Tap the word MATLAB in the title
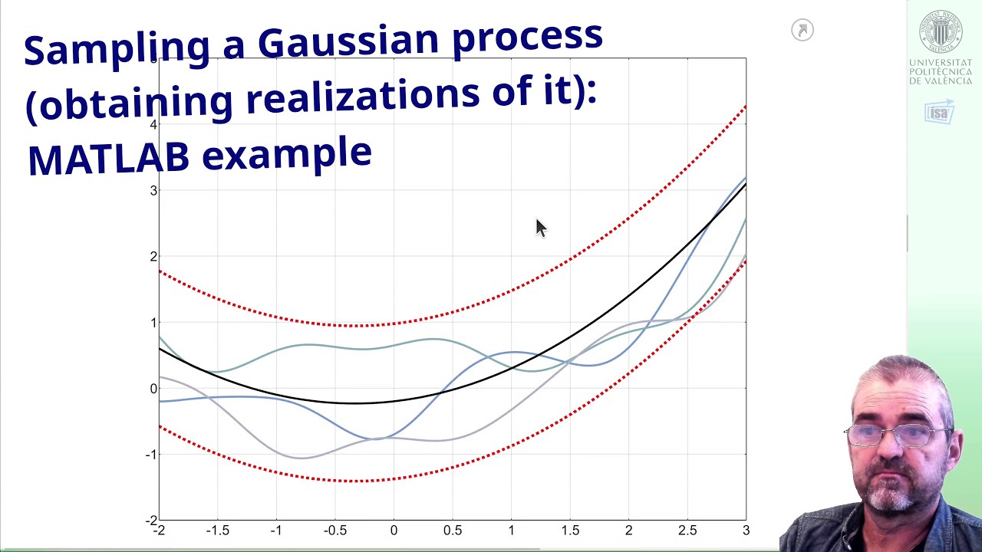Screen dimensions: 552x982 pos(107,158)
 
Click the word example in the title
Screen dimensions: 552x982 pos(286,154)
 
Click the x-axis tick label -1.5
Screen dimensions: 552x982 pos(217,531)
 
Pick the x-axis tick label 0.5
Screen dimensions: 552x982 pos(452,531)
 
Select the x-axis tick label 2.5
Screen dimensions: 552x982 pos(687,531)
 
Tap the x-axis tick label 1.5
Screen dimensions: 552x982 pos(569,531)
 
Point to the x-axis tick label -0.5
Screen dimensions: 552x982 pos(334,531)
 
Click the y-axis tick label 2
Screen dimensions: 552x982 pos(153,257)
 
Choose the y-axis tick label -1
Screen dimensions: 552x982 pos(152,455)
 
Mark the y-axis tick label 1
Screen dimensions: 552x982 pos(153,323)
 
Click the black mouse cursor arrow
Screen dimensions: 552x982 pos(541,228)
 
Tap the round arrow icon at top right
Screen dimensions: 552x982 pos(802,31)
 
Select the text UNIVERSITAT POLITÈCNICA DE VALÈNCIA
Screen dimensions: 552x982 pos(941,72)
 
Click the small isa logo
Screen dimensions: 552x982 pos(939,113)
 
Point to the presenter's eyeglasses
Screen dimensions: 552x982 pos(898,435)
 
